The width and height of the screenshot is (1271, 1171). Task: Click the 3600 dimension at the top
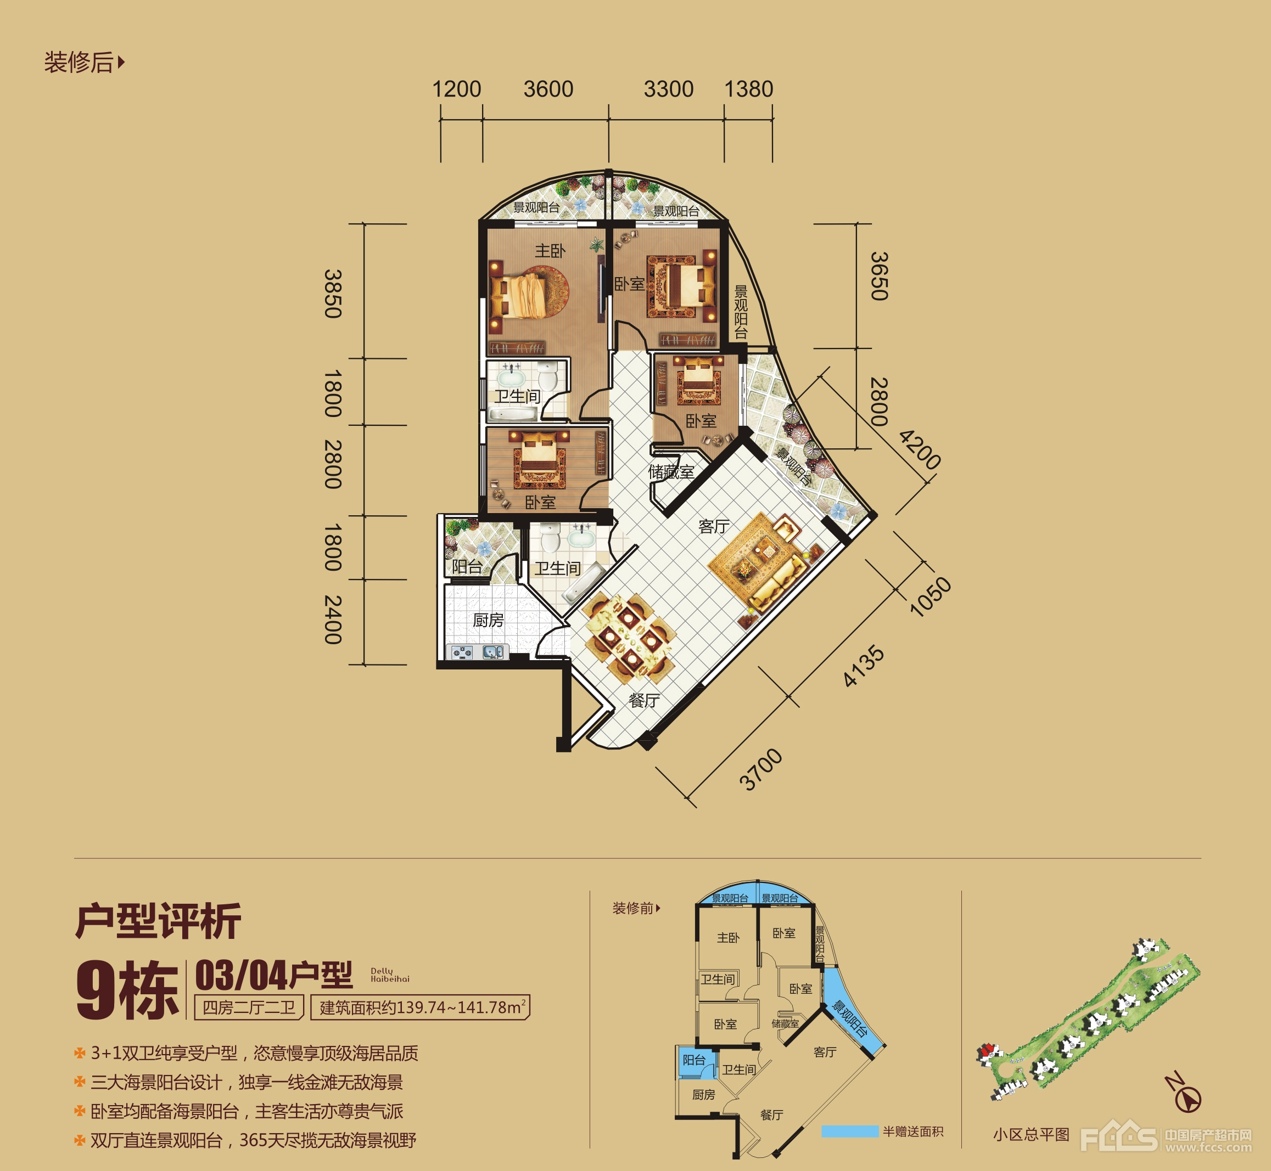pos(548,89)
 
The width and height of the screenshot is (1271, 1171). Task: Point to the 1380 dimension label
pos(749,89)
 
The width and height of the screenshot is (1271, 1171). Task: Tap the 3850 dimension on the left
pos(333,294)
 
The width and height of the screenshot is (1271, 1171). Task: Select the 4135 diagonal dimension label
pos(864,665)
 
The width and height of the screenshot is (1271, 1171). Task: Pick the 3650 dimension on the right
pos(879,276)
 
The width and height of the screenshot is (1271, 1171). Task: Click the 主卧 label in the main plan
pos(550,251)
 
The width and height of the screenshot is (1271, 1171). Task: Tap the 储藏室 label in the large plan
pos(671,472)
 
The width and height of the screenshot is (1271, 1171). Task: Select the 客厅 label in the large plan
pos(714,527)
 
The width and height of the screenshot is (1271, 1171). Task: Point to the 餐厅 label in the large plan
pos(644,700)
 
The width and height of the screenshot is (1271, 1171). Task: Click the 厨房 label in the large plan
pos(488,620)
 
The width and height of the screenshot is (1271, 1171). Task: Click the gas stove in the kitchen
pos(462,652)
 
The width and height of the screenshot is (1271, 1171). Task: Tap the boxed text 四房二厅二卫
pos(249,1007)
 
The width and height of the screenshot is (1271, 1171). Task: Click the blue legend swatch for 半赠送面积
pos(849,1131)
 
